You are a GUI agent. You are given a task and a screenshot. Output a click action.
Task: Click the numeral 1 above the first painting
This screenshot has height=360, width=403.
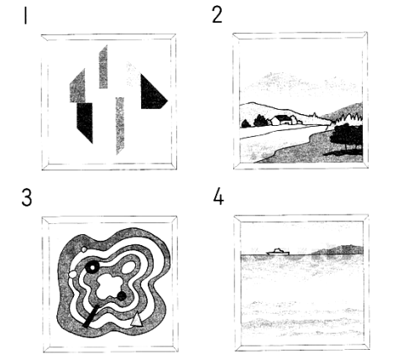26,16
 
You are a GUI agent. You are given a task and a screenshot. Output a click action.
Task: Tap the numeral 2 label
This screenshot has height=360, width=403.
217,15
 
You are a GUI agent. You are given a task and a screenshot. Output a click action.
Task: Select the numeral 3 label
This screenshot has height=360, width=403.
27,197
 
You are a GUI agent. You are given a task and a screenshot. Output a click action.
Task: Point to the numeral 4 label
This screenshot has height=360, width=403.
218,196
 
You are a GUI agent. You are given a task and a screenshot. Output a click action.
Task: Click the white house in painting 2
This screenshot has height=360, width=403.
280,120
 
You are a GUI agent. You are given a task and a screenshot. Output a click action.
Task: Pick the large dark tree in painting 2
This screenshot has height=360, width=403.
347,137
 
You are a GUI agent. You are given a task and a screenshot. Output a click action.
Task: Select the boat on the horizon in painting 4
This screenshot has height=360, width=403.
278,252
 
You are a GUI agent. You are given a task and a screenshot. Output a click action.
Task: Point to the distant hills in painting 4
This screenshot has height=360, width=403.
338,250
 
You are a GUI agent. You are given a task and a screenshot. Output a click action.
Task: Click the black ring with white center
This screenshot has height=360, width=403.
92,268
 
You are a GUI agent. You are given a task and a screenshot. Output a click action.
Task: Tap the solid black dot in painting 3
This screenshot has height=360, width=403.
122,295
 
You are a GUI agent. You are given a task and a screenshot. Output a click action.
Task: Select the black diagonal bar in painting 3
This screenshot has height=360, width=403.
91,316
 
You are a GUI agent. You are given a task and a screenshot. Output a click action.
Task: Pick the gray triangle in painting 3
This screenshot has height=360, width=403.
137,320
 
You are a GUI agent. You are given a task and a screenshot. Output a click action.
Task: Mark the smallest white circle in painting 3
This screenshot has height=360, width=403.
84,249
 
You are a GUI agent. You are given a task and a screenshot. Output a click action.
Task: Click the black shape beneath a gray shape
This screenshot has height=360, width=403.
85,120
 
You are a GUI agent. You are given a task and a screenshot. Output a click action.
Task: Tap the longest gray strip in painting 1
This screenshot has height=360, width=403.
120,125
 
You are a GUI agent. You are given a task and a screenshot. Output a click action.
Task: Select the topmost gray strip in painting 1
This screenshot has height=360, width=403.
103,67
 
